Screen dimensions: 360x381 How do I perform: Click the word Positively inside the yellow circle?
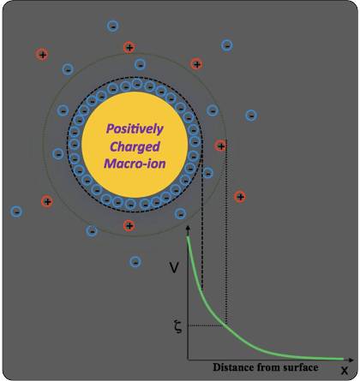coord(135,129)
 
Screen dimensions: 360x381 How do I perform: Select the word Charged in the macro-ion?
coord(135,146)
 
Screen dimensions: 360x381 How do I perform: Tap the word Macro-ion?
coord(135,164)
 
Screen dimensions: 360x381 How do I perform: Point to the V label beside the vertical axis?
coord(174,268)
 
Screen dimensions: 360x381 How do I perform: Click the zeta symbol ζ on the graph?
coord(177,327)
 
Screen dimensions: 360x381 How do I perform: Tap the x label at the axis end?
coord(345,371)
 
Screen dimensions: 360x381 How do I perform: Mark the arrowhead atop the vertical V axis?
coord(188,228)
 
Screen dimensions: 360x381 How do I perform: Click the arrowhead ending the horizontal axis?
coord(351,360)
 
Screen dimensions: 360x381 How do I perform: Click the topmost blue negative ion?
coord(113,27)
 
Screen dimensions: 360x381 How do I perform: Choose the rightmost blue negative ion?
coord(251,116)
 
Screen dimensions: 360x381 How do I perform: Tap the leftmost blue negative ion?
coord(16,211)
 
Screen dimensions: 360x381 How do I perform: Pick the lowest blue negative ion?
coord(135,262)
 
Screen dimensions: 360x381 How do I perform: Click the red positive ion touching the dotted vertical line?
coord(221,146)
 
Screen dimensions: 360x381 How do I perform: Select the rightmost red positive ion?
coord(240,197)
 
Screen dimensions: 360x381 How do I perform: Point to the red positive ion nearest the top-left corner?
coord(42,55)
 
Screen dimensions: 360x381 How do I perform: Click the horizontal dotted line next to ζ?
coord(207,325)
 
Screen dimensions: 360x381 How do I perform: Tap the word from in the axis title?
coord(267,367)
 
